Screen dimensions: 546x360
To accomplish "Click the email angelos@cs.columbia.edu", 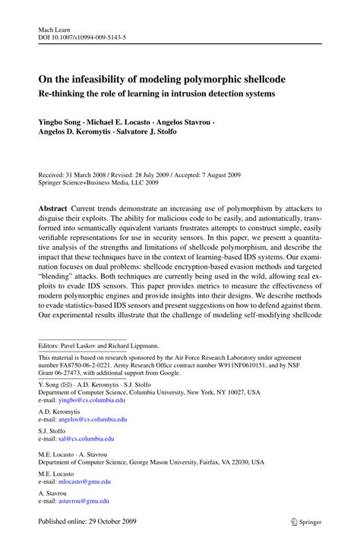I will click(x=97, y=418).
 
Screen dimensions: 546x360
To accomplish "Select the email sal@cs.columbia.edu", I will click(x=87, y=439).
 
